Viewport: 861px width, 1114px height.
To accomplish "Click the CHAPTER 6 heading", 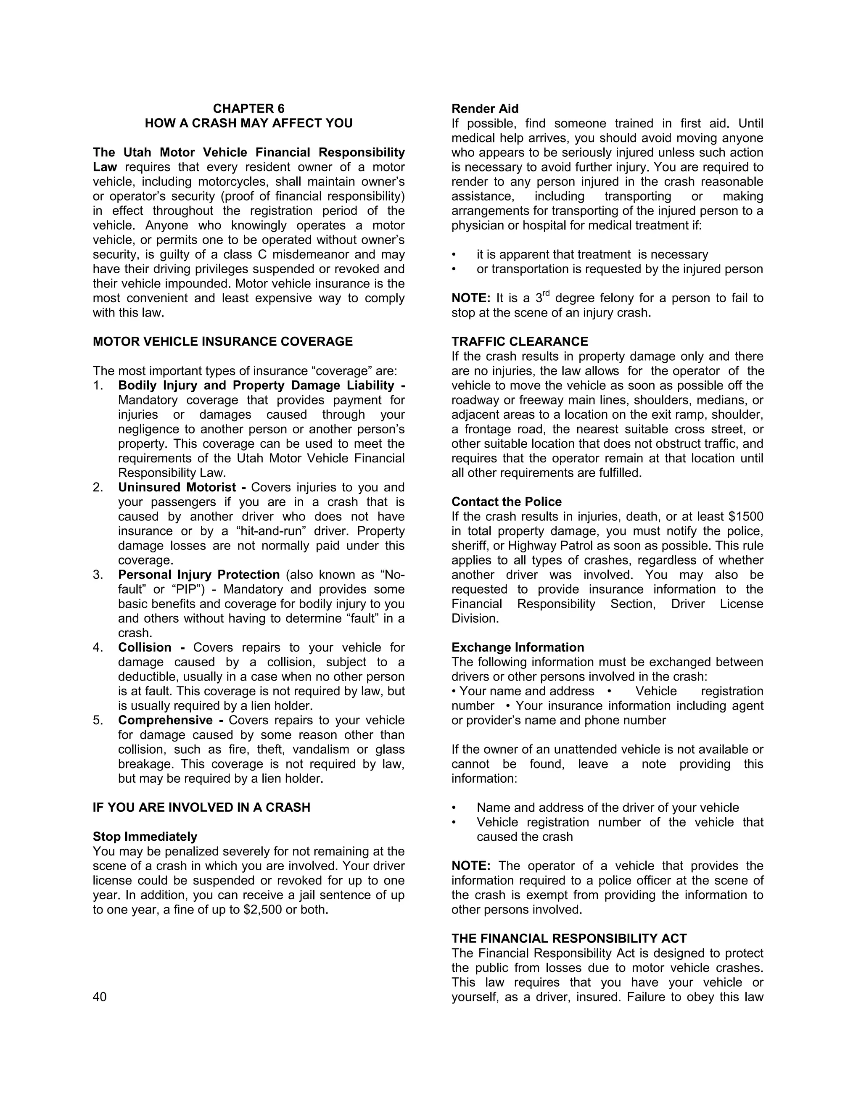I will click(x=248, y=108).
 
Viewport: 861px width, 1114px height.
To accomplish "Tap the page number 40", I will click(x=100, y=997).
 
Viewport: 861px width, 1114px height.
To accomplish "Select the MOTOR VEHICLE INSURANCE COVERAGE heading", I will click(x=222, y=342).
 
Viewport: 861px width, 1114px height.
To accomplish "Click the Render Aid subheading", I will click(x=485, y=108).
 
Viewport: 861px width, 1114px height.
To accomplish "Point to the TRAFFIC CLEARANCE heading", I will click(x=519, y=342).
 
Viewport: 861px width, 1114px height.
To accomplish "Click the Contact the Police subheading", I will click(x=506, y=502).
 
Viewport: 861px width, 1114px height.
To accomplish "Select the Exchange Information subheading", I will click(x=517, y=647).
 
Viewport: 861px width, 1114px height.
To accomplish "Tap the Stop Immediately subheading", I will click(x=145, y=837).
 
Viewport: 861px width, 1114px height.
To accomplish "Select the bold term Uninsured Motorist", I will click(x=177, y=488).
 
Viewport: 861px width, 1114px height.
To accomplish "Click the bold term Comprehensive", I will click(x=165, y=720).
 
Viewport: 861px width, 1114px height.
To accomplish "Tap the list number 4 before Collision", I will click(x=98, y=648).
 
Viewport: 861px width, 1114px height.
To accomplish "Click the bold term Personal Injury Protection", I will click(x=199, y=575).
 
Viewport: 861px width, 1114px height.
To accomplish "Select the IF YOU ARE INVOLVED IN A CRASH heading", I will click(x=201, y=808).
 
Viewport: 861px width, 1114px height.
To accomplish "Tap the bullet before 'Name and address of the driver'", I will click(x=454, y=808).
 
